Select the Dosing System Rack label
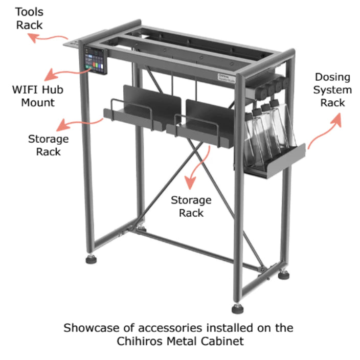click(332, 90)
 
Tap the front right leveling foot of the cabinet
click(238, 309)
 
